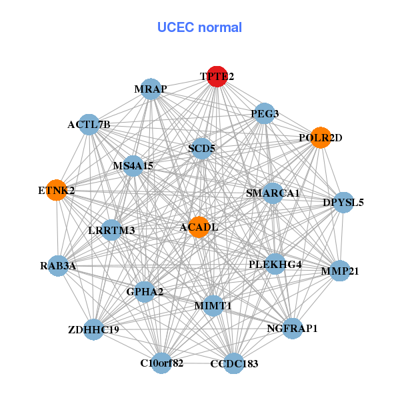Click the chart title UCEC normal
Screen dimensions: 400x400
[x=199, y=27]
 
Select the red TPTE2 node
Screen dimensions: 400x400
[x=217, y=77]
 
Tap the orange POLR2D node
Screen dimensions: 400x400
[x=321, y=138]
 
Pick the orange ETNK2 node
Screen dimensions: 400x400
[x=56, y=190]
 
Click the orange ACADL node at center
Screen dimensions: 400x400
[x=199, y=227]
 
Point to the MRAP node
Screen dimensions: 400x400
[x=151, y=89]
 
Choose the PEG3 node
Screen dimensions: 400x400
[x=265, y=113]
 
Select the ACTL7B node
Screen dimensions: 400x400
[x=89, y=125]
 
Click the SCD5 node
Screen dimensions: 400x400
[x=201, y=148]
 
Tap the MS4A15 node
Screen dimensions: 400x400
[x=133, y=165]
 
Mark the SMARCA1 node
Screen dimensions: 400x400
[x=273, y=193]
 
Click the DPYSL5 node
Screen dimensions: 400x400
[x=343, y=202]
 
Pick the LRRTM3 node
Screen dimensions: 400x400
[x=111, y=231]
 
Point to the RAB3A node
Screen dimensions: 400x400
[x=58, y=266]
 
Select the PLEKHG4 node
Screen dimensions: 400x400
[x=275, y=264]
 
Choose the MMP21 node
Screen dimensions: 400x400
[x=340, y=271]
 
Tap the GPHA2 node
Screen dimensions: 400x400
[x=145, y=291]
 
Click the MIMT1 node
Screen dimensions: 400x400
[x=213, y=305]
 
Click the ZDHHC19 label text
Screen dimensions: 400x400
[x=93, y=329]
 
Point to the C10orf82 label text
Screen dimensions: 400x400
[x=161, y=363]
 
